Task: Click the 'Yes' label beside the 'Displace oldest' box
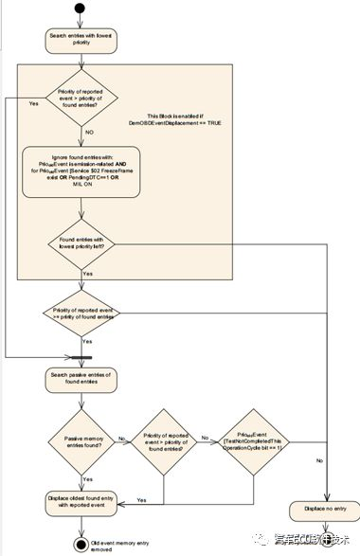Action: tap(141, 499)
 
